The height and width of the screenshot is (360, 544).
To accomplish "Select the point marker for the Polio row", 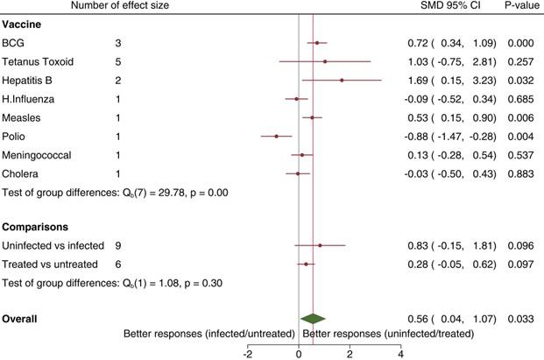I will pyautogui.click(x=277, y=137).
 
